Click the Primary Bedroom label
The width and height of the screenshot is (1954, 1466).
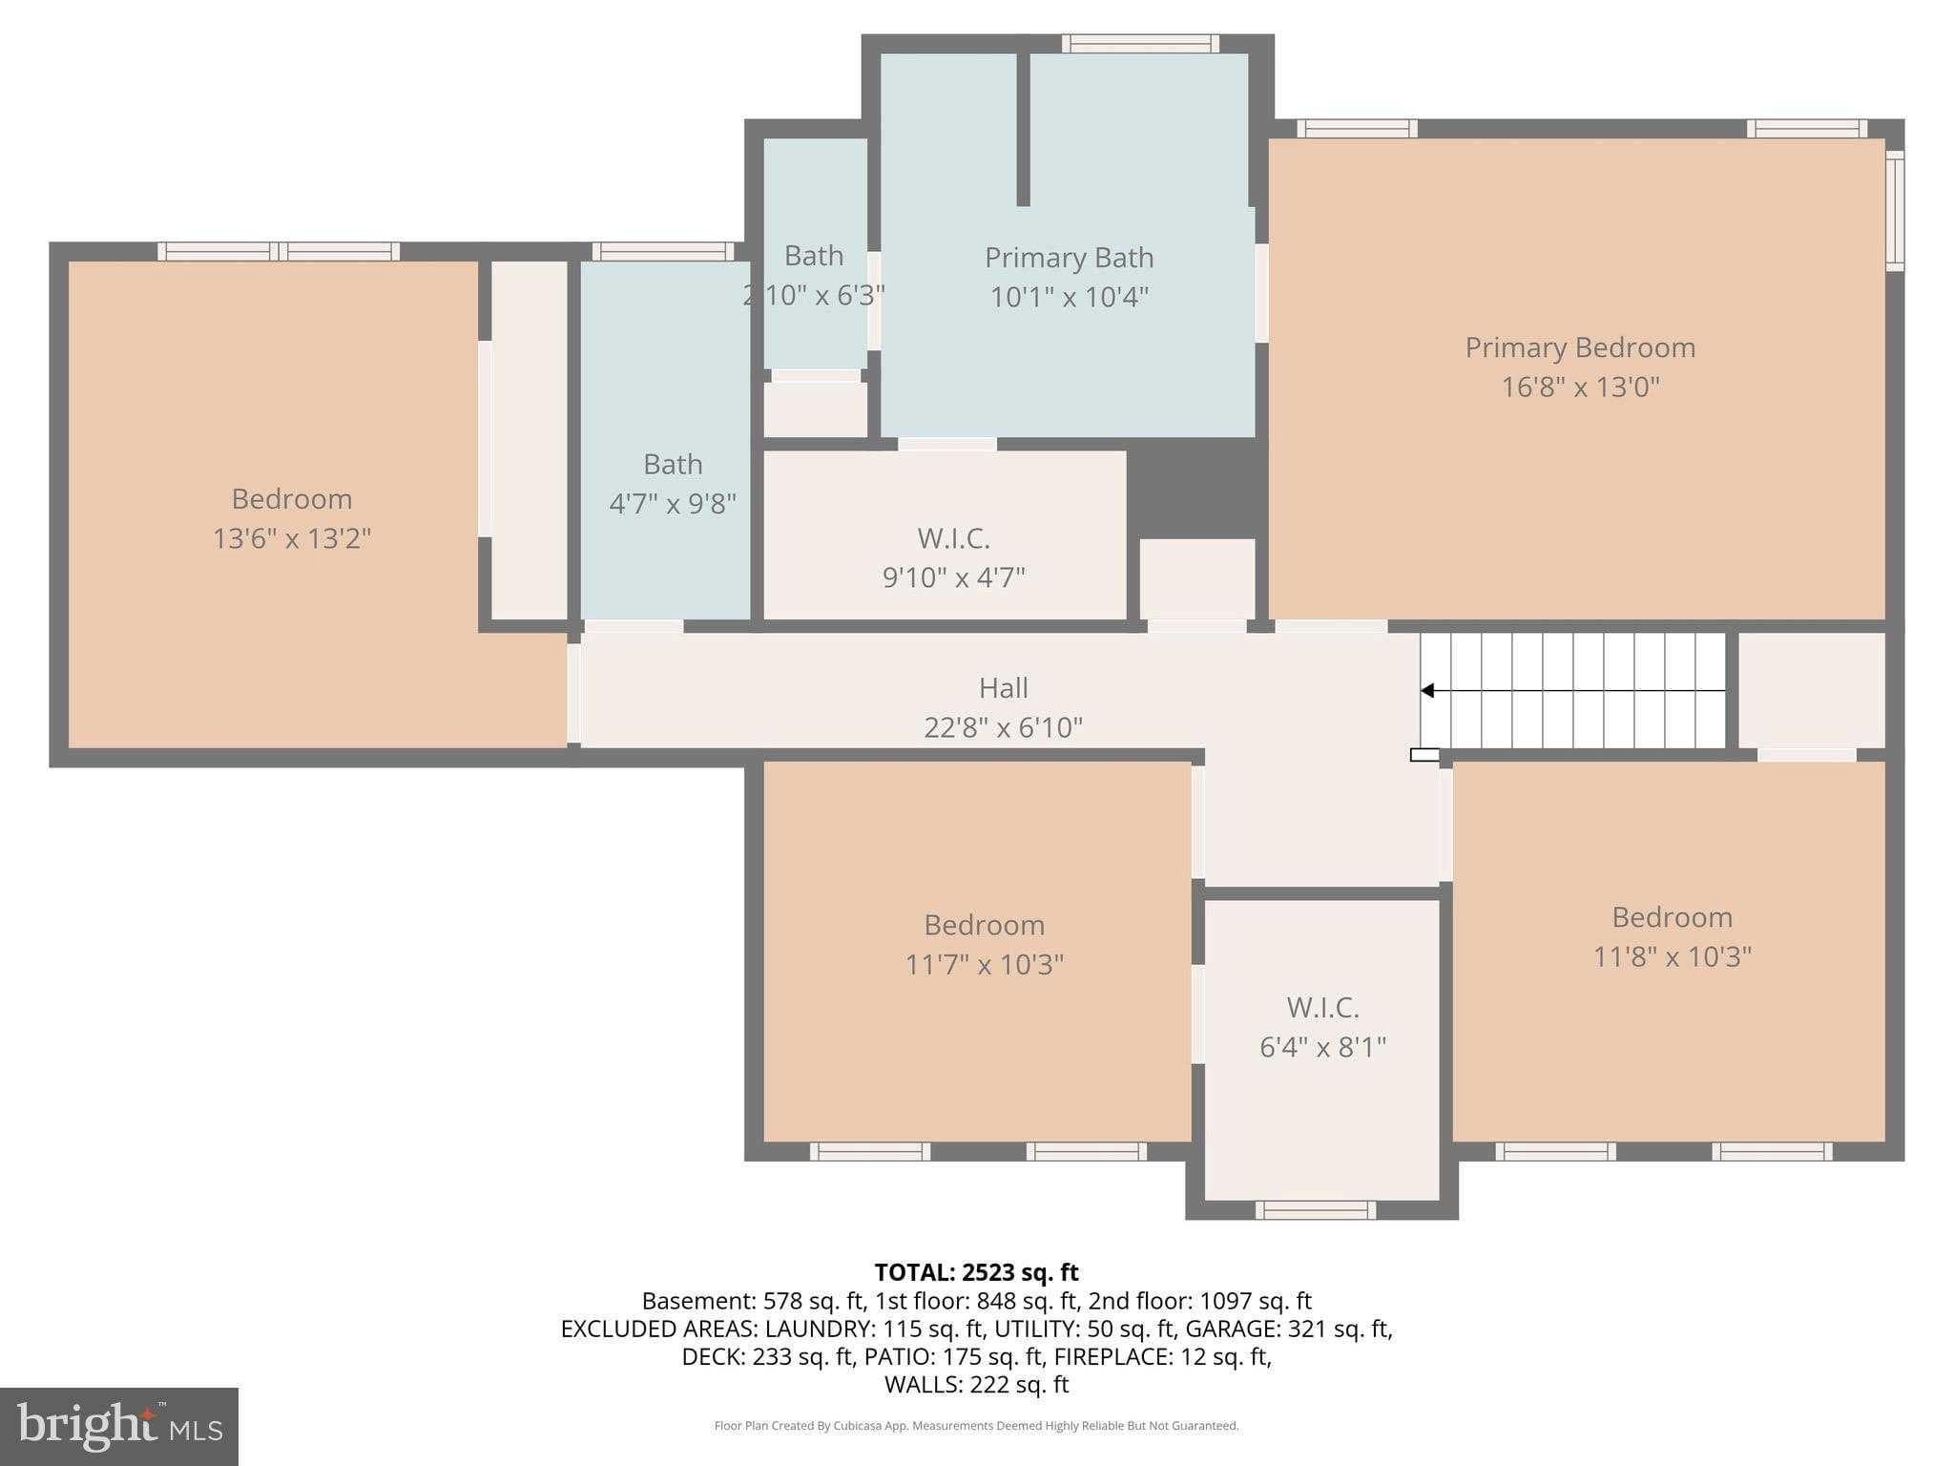[1580, 347]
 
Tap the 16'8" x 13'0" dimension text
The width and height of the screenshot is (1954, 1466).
[1580, 387]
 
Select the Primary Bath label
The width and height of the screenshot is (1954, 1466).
[1069, 258]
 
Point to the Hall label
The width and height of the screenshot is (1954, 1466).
[1003, 687]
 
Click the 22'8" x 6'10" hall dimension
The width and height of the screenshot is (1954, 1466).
[1003, 727]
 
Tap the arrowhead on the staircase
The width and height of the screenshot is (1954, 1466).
[1427, 690]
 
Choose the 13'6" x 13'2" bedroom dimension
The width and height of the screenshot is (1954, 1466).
[291, 538]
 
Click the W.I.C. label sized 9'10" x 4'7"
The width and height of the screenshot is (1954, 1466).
[953, 538]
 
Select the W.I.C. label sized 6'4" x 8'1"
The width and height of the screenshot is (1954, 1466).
[1322, 1007]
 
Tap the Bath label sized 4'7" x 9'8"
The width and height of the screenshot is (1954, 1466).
[673, 464]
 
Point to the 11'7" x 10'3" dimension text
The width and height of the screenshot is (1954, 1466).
[984, 964]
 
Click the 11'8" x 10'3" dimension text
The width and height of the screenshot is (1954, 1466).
[1672, 956]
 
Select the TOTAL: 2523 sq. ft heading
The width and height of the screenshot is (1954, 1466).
[976, 1272]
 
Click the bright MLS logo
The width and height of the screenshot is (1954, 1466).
[119, 1427]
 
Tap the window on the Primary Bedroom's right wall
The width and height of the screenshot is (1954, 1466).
[1895, 211]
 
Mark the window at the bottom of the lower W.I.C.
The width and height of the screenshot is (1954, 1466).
[1315, 1210]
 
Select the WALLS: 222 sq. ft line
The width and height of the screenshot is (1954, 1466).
[976, 1384]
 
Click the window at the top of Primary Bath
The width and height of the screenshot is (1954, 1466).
[1140, 43]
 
